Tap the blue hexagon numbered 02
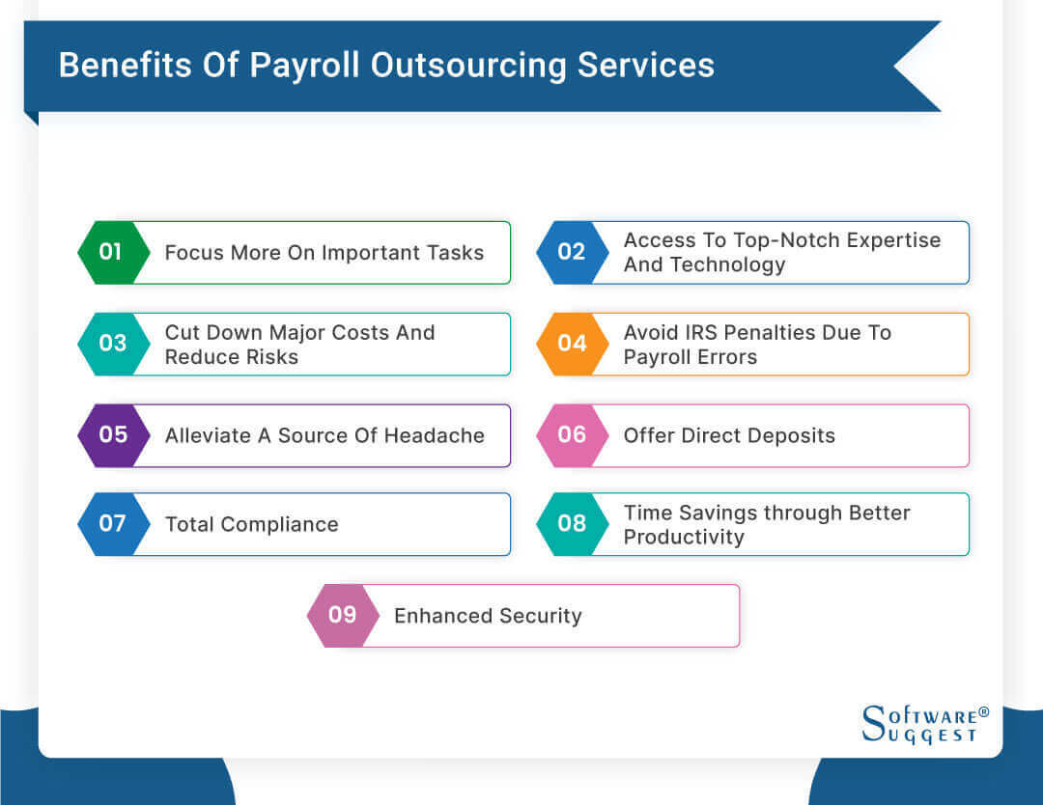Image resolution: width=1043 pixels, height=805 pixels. (x=572, y=253)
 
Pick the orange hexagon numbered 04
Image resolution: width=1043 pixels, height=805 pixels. (x=572, y=344)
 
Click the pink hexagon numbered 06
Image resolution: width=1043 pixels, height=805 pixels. (x=572, y=435)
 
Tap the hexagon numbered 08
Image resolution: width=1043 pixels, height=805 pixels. (x=572, y=524)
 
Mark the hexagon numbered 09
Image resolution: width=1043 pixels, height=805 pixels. (x=343, y=616)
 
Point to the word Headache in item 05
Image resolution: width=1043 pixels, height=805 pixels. (x=433, y=435)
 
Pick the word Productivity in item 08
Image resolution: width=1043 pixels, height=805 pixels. (x=684, y=538)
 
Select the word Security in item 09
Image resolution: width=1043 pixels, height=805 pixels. (x=538, y=616)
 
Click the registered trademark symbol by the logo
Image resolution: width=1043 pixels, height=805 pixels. (x=984, y=712)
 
